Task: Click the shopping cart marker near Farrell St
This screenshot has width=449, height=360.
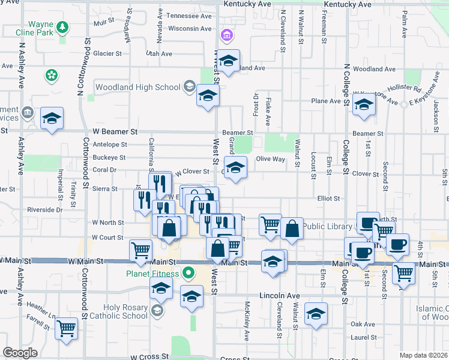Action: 67,328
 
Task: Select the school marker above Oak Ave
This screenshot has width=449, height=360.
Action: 316,314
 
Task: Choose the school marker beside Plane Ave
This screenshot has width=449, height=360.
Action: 364,104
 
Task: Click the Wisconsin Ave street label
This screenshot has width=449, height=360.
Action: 190,28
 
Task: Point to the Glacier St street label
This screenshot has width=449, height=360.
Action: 107,53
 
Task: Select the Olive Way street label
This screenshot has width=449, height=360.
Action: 271,159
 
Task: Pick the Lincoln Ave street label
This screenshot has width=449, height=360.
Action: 279,296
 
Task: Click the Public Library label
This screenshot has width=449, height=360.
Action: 327,226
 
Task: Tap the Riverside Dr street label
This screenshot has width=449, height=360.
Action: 45,210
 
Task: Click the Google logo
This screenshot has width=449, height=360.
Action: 20,353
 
